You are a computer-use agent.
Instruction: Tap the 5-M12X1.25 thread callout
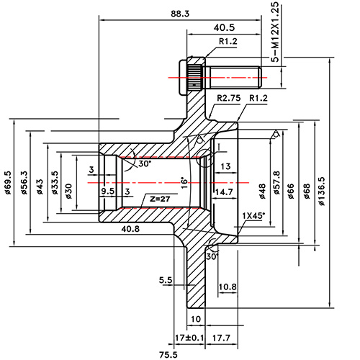pyautogui.click(x=274, y=32)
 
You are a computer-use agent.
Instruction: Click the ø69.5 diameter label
pyautogui.click(x=8, y=183)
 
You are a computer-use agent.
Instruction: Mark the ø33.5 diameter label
pyautogui.click(x=55, y=183)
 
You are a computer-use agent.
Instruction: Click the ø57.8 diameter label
pyautogui.click(x=276, y=183)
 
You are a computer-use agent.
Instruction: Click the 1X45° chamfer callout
pyautogui.click(x=253, y=215)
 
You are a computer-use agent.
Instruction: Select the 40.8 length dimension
pyautogui.click(x=131, y=230)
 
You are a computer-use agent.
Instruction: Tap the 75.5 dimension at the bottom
pyautogui.click(x=168, y=354)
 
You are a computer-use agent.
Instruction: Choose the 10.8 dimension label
pyautogui.click(x=228, y=287)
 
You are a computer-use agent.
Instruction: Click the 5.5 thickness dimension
pyautogui.click(x=166, y=279)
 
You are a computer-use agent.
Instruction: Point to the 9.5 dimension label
pyautogui.click(x=107, y=192)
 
